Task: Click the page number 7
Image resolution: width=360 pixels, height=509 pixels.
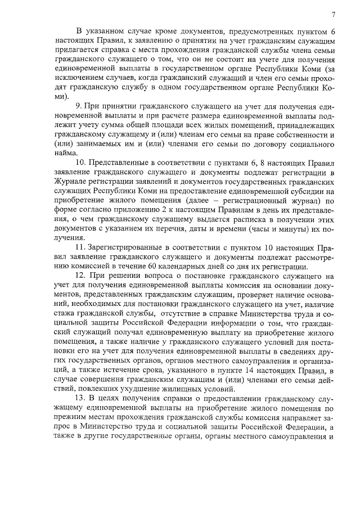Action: (333, 15)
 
